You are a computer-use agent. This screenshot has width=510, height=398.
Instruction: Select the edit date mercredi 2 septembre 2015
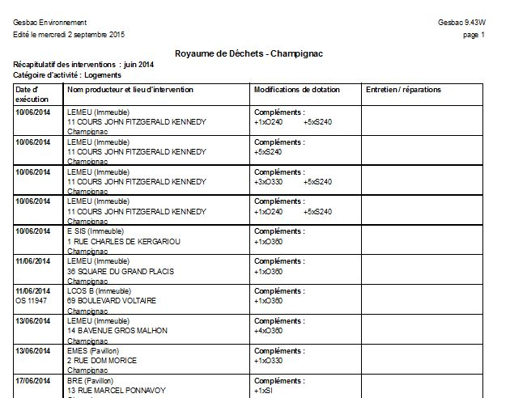[x=80, y=36]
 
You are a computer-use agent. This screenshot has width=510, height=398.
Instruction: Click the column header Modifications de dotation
[x=296, y=90]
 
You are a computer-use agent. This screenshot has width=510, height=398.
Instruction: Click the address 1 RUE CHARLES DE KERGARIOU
[x=124, y=241]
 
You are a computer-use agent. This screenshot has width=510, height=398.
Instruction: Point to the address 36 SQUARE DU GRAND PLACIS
[x=121, y=271]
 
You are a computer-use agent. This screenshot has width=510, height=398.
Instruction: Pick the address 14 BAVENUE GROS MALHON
[x=117, y=331]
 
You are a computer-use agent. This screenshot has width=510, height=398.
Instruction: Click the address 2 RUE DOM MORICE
[x=102, y=361]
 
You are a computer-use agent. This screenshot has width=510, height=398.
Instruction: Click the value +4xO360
[x=269, y=331]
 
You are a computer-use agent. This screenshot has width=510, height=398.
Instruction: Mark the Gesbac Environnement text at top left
[x=50, y=23]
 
